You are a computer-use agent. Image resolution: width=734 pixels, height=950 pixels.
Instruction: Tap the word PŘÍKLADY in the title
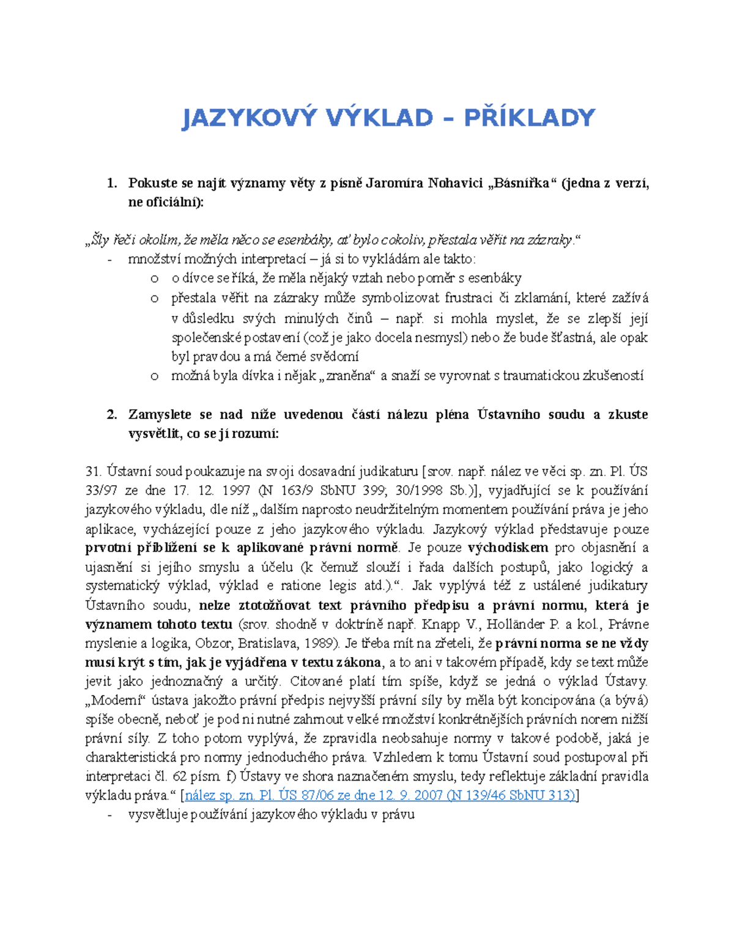click(x=529, y=117)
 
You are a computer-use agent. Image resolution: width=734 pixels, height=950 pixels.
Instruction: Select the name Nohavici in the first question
click(x=455, y=183)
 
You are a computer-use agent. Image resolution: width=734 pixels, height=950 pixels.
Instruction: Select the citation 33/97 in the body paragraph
click(x=102, y=491)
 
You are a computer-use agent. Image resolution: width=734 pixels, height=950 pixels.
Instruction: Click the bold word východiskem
click(x=508, y=547)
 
